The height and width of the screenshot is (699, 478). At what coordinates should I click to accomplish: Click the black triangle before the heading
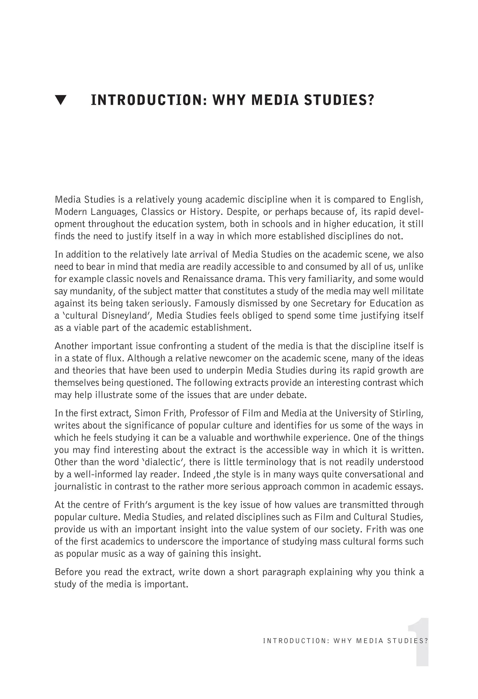[61, 100]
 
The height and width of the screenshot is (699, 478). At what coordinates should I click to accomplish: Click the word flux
[116, 358]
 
